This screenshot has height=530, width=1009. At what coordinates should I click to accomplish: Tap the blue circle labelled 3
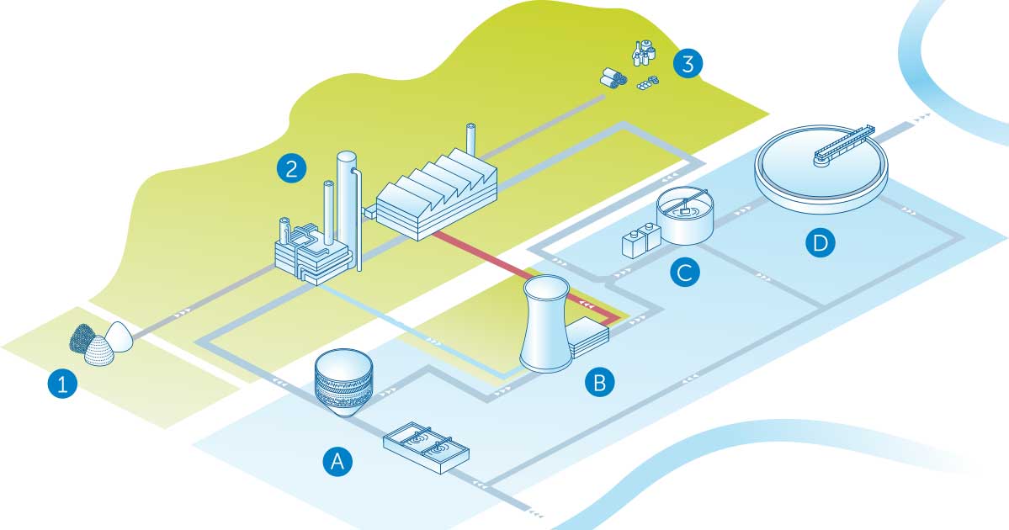[x=688, y=64]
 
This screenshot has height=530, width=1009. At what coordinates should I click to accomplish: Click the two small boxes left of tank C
[x=639, y=240]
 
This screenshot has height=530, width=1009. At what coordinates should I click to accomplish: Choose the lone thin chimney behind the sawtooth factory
[x=471, y=143]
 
